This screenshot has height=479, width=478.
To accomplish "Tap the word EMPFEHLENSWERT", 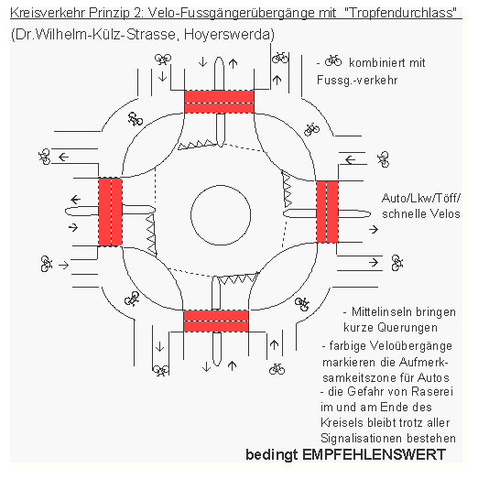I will pyautogui.click(x=386, y=454).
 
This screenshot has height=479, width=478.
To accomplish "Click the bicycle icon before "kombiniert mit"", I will pyautogui.click(x=333, y=62).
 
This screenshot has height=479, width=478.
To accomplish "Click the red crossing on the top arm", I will pyautogui.click(x=219, y=101).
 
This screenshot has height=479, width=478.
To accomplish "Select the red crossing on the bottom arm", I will pyautogui.click(x=217, y=321).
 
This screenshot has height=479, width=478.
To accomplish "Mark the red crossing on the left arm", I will pyautogui.click(x=110, y=211).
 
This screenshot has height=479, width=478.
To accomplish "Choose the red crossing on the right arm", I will pyautogui.click(x=327, y=213).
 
